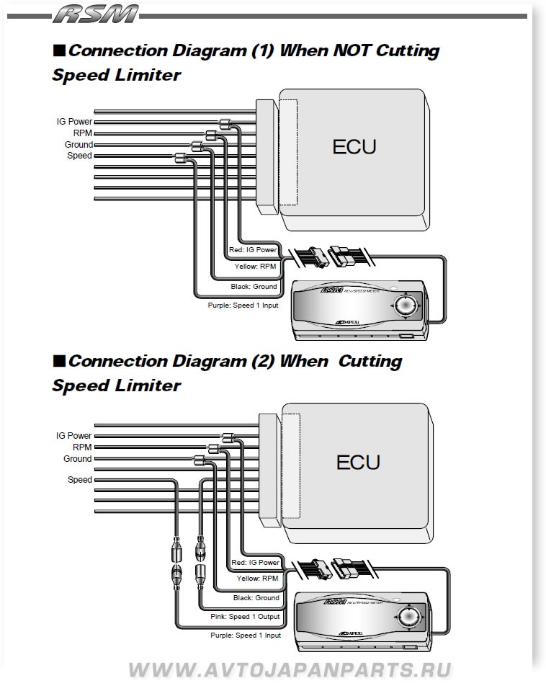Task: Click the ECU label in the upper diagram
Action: [x=354, y=147]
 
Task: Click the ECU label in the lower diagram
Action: [x=357, y=461]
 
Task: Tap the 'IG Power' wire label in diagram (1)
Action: [x=74, y=122]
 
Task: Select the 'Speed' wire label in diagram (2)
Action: [x=79, y=480]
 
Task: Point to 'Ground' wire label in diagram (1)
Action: [x=79, y=145]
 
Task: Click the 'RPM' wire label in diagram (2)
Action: [x=81, y=447]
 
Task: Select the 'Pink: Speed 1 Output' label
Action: [x=244, y=617]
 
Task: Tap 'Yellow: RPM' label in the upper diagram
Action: [x=255, y=267]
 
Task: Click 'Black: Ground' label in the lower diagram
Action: [x=256, y=598]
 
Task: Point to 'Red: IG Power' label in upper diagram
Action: [x=253, y=250]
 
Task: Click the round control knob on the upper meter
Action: [x=405, y=305]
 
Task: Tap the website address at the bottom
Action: [x=290, y=670]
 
